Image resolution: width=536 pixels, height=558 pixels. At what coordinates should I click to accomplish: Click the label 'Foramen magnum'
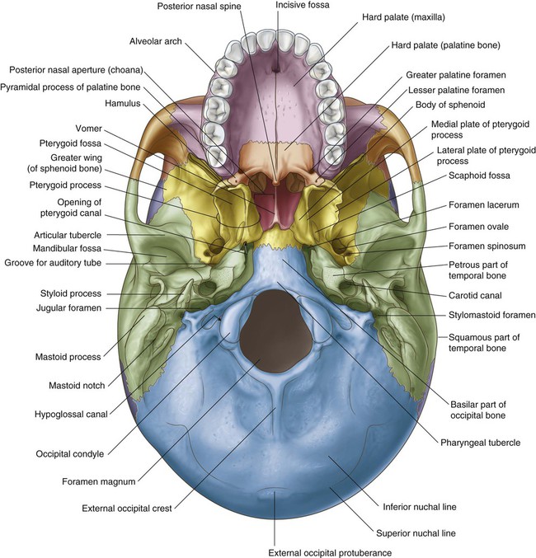click(99, 481)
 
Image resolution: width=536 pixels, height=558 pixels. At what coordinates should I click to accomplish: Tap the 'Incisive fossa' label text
click(303, 5)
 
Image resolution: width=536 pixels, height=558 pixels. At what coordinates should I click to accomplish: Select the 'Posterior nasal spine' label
click(199, 7)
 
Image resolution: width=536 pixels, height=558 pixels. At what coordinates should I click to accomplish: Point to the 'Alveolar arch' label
click(155, 41)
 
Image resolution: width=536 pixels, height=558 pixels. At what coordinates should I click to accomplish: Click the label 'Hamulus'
click(123, 103)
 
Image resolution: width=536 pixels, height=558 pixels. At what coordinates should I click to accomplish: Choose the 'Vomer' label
click(89, 128)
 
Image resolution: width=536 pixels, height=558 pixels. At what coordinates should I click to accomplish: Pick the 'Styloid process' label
click(71, 293)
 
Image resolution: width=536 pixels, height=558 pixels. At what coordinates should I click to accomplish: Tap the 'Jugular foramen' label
click(68, 307)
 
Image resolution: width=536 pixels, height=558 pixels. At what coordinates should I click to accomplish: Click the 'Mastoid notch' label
click(77, 386)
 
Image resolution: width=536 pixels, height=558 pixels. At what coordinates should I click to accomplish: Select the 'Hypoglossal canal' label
click(71, 415)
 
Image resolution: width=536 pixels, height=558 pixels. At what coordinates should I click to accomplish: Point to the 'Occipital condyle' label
click(70, 454)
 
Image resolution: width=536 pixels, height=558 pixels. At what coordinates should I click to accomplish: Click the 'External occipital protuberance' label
click(330, 553)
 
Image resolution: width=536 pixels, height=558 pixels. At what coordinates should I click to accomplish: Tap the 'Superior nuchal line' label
click(416, 533)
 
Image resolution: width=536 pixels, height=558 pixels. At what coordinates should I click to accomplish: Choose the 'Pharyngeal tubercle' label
click(481, 443)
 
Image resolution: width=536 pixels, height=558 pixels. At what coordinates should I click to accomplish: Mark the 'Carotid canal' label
click(475, 295)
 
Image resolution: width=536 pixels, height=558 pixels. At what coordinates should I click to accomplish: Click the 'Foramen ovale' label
click(478, 227)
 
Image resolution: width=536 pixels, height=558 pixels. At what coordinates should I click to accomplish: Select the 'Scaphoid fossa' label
click(479, 176)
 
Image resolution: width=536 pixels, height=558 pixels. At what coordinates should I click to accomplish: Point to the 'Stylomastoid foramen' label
click(491, 315)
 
